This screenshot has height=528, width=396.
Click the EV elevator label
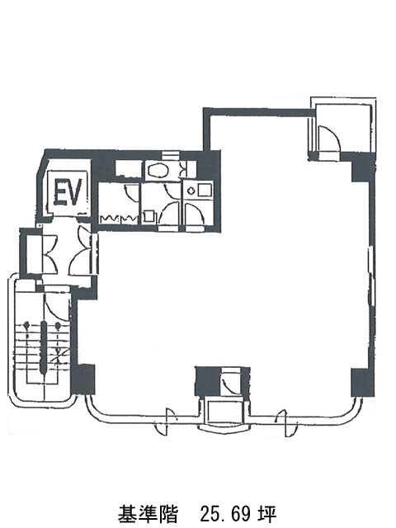click(x=68, y=192)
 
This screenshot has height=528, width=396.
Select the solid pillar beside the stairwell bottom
click(x=82, y=379)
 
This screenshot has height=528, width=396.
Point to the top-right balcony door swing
click(x=329, y=138)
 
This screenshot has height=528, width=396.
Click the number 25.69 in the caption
click(x=226, y=514)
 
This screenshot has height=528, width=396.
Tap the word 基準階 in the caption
click(x=148, y=514)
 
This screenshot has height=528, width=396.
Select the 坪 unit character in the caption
click(x=268, y=514)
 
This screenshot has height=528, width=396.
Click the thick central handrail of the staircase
click(x=44, y=347)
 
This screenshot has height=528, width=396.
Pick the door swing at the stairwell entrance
click(x=56, y=304)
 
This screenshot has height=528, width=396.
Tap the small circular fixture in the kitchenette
click(x=191, y=191)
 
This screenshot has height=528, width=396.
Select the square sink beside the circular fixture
click(x=204, y=191)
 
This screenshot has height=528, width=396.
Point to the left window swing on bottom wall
click(x=167, y=422)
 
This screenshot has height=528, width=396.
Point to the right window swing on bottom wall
click(x=285, y=423)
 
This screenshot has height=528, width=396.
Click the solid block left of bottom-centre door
click(x=208, y=381)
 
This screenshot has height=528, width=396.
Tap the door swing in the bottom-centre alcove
click(x=230, y=381)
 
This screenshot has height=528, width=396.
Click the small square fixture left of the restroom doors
click(x=148, y=216)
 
